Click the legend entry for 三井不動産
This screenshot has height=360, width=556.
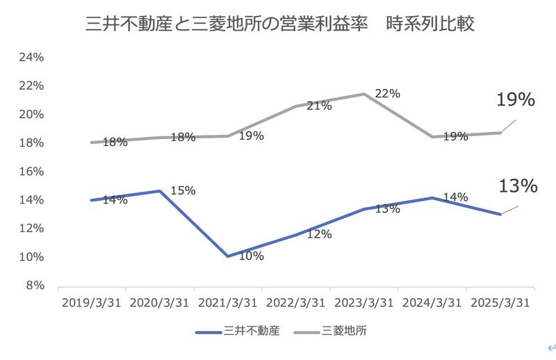pyautogui.click(x=239, y=331)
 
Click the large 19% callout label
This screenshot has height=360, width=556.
pyautogui.click(x=515, y=100)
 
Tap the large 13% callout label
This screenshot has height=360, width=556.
pyautogui.click(x=518, y=186)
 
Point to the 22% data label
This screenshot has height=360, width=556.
pyautogui.click(x=387, y=94)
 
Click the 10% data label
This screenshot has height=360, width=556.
pyautogui.click(x=251, y=256)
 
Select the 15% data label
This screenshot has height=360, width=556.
pyautogui.click(x=183, y=190)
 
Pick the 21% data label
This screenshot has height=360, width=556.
pyautogui.click(x=319, y=106)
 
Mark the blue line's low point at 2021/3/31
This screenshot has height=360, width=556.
pyautogui.click(x=227, y=256)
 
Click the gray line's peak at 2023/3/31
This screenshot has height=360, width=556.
pyautogui.click(x=363, y=94)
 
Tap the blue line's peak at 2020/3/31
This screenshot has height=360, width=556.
pyautogui.click(x=160, y=190)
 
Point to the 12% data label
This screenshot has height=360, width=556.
pyautogui.click(x=319, y=234)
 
